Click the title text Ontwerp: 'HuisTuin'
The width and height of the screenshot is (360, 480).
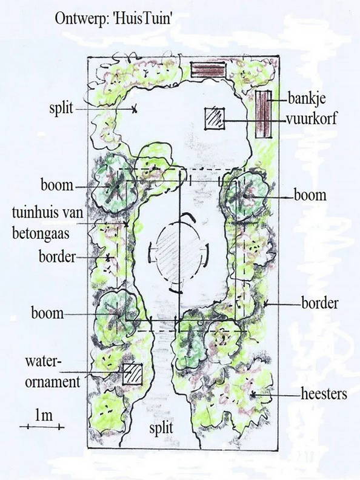point(112,18)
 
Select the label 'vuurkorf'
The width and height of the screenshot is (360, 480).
point(312,118)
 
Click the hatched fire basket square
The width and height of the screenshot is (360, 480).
point(215,118)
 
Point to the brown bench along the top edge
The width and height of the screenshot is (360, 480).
point(207,70)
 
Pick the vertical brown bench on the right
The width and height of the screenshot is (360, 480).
point(264,114)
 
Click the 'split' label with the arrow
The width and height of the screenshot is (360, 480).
point(62,108)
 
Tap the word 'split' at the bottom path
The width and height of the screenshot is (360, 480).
point(161,428)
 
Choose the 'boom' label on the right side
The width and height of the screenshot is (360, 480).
point(310,195)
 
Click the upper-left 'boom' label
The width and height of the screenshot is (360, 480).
point(57,185)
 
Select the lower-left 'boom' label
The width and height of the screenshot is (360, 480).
point(47,313)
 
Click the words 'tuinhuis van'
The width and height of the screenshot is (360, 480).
point(48,213)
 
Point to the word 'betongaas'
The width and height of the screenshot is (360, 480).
point(41,234)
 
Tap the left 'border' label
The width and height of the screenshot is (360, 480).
point(57,257)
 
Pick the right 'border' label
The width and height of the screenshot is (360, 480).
point(320,303)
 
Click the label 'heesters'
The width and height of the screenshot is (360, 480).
point(324,394)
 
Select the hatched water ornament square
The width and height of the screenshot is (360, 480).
point(133,374)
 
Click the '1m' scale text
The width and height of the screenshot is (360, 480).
point(44,415)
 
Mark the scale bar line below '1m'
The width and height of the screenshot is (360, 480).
point(42,427)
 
